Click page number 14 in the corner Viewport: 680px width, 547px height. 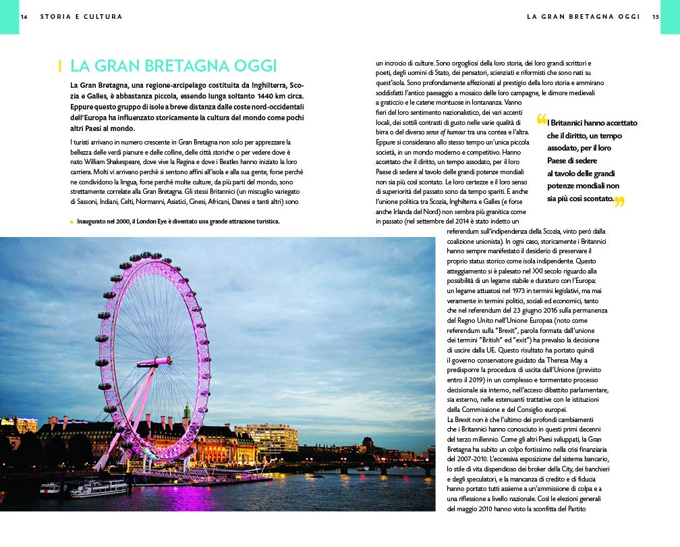click(24, 17)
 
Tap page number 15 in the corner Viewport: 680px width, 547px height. click(656, 17)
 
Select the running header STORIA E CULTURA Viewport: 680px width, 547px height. click(81, 17)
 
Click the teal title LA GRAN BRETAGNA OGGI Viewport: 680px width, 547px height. click(173, 66)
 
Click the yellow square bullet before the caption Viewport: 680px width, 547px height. click(72, 222)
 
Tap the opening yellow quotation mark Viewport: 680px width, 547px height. click(541, 120)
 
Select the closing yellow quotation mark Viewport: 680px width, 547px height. click(619, 201)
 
